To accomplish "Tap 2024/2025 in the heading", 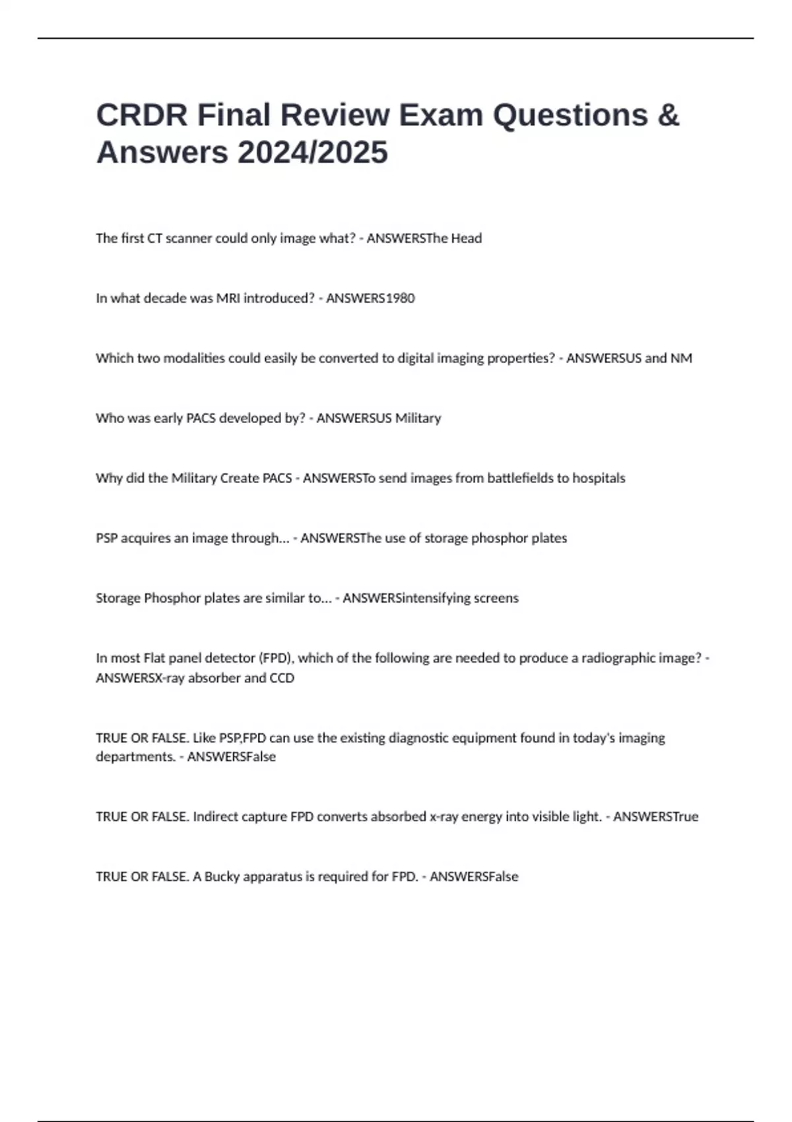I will click(x=313, y=153).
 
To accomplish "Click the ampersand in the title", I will click(x=668, y=115).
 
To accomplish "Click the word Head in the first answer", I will click(x=466, y=238).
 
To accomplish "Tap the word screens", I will click(x=496, y=598).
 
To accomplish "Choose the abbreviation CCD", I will click(x=282, y=678).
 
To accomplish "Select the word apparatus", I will click(x=273, y=877).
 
